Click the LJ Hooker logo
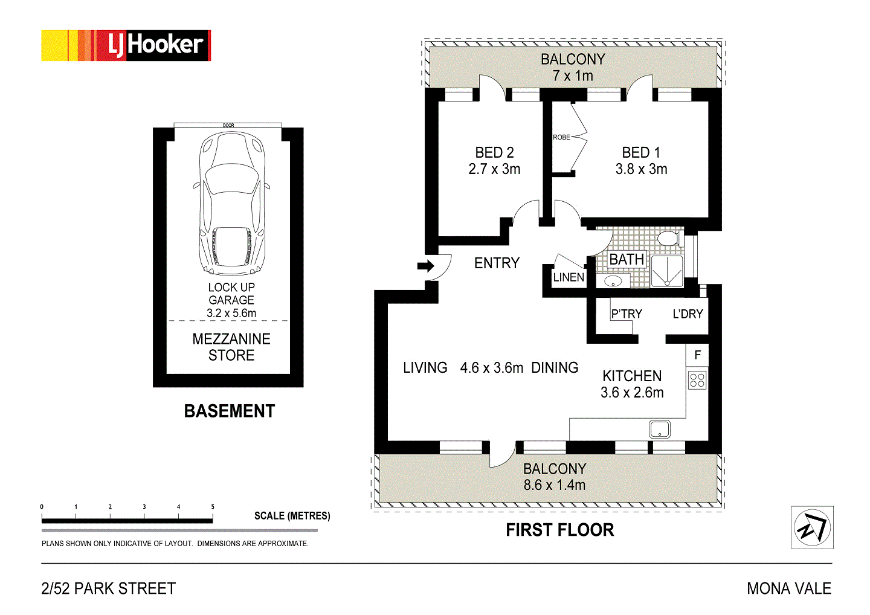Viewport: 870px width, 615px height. [x=126, y=45]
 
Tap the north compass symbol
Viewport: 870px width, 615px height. [x=812, y=527]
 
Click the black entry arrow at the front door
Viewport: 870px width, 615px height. [x=425, y=266]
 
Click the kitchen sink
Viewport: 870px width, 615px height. [x=659, y=429]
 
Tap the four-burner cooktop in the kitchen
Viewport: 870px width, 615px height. [x=697, y=380]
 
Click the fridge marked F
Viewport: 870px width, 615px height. [x=697, y=355]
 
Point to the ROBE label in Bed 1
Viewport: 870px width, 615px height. [x=561, y=137]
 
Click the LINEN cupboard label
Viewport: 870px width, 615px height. [x=569, y=277]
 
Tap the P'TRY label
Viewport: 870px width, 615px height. [x=627, y=314]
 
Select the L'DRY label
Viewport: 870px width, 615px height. [x=688, y=314]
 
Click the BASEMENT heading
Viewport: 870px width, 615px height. [x=230, y=411]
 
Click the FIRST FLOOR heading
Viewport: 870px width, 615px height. [x=559, y=530]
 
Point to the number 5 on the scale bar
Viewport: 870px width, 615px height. [x=213, y=507]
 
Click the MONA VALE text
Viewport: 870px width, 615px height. [x=789, y=588]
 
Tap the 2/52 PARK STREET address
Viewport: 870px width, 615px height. [x=108, y=588]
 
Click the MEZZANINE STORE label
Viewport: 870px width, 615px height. [x=231, y=347]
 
